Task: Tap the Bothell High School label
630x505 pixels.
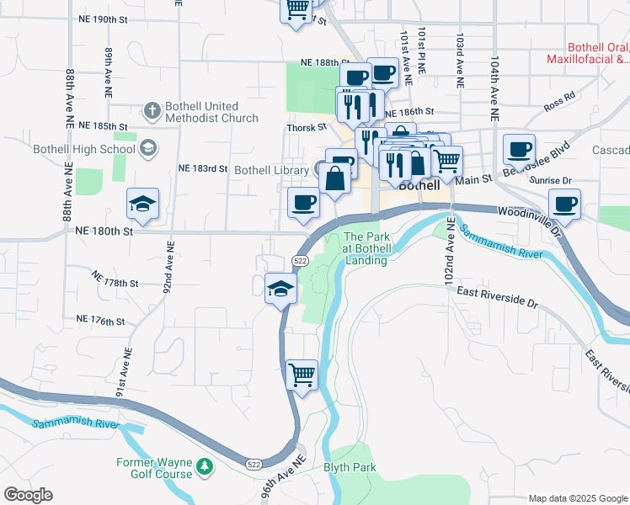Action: click(x=83, y=150)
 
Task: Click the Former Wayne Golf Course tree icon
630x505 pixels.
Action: click(x=204, y=466)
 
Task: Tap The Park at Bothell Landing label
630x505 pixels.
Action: click(x=366, y=249)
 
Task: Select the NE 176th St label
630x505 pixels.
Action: click(x=100, y=321)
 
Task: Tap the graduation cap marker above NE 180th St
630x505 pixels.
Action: click(x=143, y=204)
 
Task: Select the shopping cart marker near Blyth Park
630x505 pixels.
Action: click(x=302, y=375)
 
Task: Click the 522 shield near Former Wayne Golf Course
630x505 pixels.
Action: click(x=254, y=464)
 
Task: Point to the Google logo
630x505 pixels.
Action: click(x=28, y=495)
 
